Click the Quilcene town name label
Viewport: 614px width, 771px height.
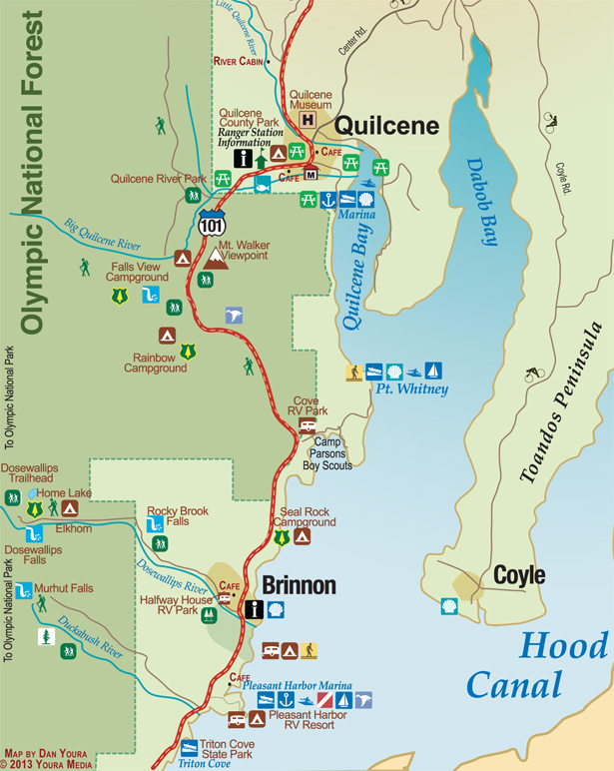pos(385,125)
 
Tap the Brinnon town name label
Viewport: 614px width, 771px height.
pos(299,585)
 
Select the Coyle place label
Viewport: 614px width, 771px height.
pos(518,576)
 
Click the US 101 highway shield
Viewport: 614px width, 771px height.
pos(212,223)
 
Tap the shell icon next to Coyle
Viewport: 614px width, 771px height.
pos(449,606)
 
